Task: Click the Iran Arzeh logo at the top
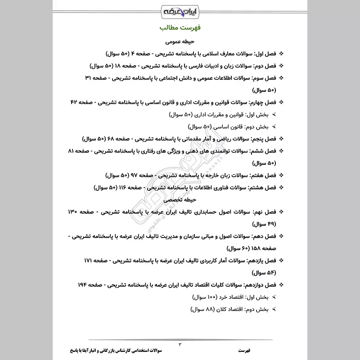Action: click(x=180, y=10)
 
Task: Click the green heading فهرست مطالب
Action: click(x=180, y=28)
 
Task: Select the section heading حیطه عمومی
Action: click(x=180, y=42)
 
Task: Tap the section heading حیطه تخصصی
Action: click(x=180, y=198)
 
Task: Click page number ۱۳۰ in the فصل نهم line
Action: click(x=75, y=211)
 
